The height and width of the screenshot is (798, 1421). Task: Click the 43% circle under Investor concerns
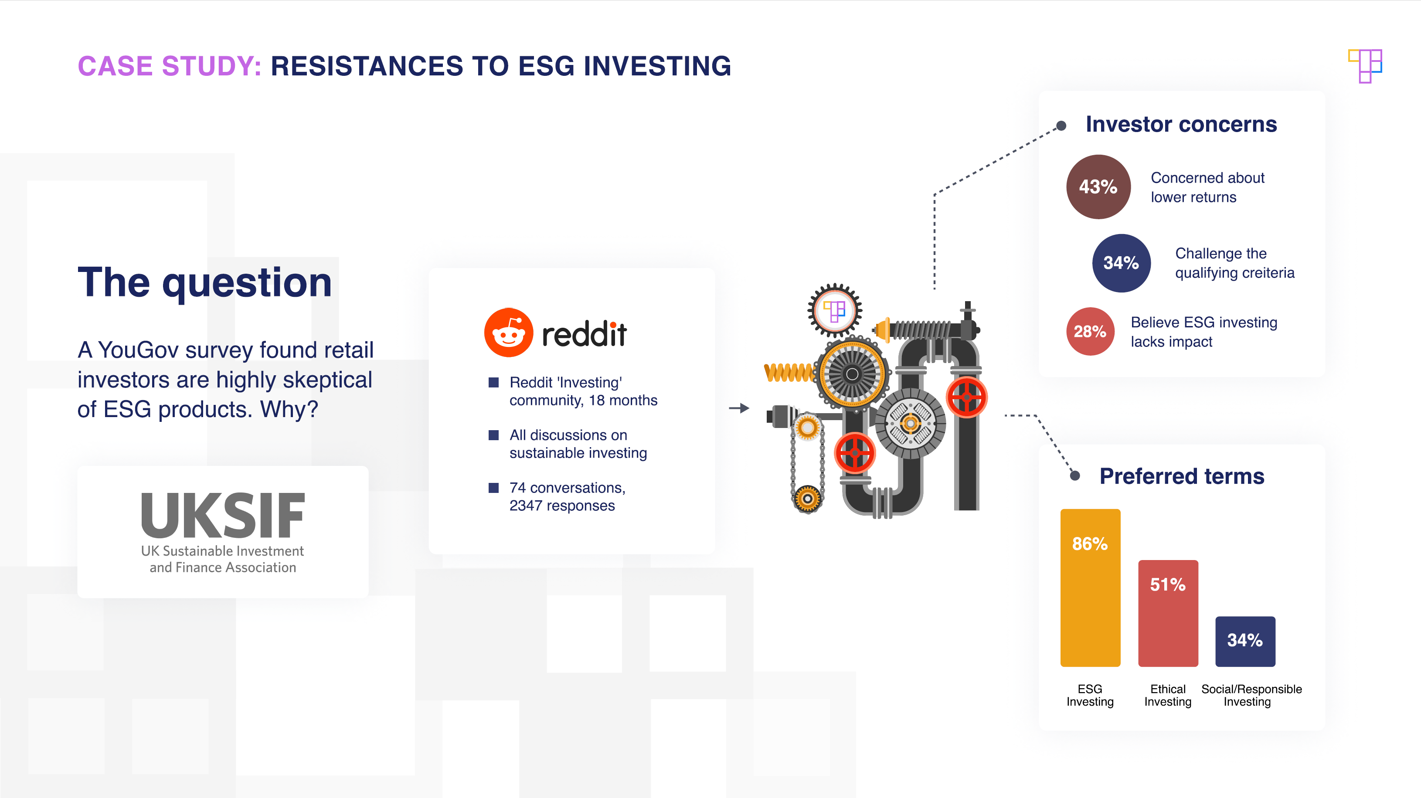pyautogui.click(x=1098, y=187)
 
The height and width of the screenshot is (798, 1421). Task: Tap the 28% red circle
pyautogui.click(x=1090, y=331)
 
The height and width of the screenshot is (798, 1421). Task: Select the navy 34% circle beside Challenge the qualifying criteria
pyautogui.click(x=1122, y=263)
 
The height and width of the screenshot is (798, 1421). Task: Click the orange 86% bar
pyautogui.click(x=1090, y=588)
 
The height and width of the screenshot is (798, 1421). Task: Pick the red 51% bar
pyautogui.click(x=1168, y=613)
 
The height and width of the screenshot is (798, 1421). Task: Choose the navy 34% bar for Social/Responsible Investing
pyautogui.click(x=1245, y=642)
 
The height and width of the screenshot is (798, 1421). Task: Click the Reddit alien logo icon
pyautogui.click(x=509, y=333)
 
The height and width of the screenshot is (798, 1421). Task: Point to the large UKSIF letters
pyautogui.click(x=223, y=516)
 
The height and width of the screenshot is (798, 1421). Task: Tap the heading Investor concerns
pyautogui.click(x=1181, y=124)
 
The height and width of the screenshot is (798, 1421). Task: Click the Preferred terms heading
pyautogui.click(x=1182, y=476)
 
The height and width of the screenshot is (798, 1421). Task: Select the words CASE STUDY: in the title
pyautogui.click(x=170, y=66)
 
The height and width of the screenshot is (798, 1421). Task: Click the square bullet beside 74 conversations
pyautogui.click(x=494, y=488)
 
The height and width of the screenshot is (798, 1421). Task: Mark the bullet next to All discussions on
pyautogui.click(x=494, y=435)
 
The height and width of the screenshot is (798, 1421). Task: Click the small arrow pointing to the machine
pyautogui.click(x=739, y=408)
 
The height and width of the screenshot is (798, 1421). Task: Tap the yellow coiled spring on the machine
pyautogui.click(x=787, y=373)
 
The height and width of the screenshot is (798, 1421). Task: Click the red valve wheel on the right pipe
pyautogui.click(x=966, y=397)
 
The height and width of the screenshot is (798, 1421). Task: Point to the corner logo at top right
pyautogui.click(x=1365, y=66)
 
